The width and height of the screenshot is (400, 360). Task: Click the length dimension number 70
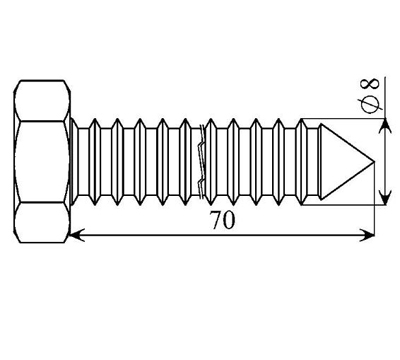(223, 220)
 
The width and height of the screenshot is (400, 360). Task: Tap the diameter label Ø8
(370, 96)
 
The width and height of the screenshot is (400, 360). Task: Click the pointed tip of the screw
(374, 162)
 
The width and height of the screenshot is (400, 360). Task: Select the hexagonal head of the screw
(42, 161)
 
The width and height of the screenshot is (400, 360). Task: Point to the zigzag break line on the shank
(201, 162)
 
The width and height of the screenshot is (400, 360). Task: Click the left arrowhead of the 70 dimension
(77, 235)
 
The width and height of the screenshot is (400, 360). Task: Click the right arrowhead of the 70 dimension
(367, 235)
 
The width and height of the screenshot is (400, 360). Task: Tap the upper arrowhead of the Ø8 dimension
(386, 126)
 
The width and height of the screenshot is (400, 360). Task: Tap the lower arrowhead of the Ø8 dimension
(386, 197)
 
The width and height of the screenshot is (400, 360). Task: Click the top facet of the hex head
(42, 101)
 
